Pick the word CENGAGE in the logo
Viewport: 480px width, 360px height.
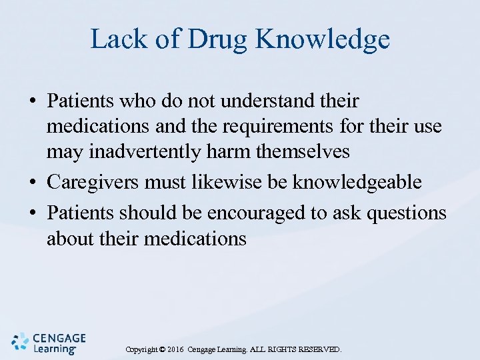pyautogui.click(x=59, y=337)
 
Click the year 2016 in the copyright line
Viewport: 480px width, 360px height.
pyautogui.click(x=176, y=349)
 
